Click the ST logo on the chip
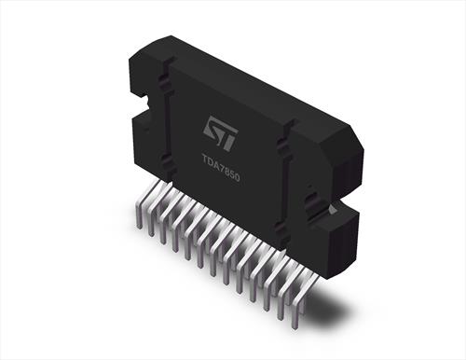[221, 133]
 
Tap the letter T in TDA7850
[205, 161]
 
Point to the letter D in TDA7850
[211, 163]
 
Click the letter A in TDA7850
[216, 167]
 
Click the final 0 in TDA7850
[238, 178]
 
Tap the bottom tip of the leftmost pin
[140, 228]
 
